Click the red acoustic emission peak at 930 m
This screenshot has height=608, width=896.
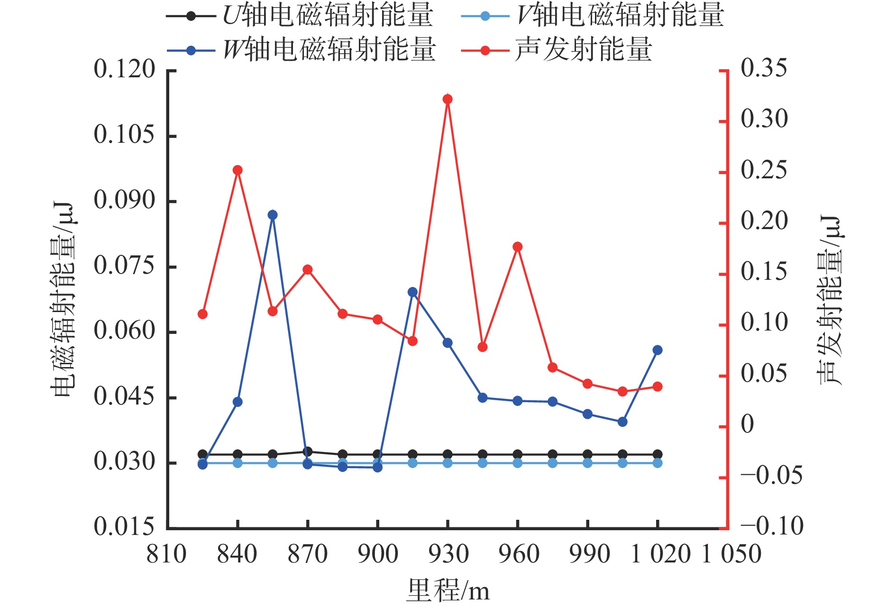coord(448,99)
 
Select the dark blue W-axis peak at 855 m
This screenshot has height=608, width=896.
coord(273,215)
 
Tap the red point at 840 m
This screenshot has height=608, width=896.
coord(238,170)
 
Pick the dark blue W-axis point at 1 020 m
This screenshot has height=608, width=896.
coord(658,350)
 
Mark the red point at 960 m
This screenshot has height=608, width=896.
coord(518,247)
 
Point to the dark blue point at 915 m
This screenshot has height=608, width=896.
coord(412,292)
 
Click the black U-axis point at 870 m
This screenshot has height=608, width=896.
coord(308,451)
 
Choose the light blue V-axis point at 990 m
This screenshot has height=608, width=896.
coord(587,463)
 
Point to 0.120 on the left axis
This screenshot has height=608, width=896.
coord(124,69)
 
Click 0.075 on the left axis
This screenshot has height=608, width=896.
coord(124,266)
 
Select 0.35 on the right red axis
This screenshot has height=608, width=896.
coord(764,68)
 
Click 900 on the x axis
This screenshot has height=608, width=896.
coord(378,554)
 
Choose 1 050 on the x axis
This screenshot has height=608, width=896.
coord(731,554)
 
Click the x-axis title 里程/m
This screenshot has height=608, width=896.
coord(448,591)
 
